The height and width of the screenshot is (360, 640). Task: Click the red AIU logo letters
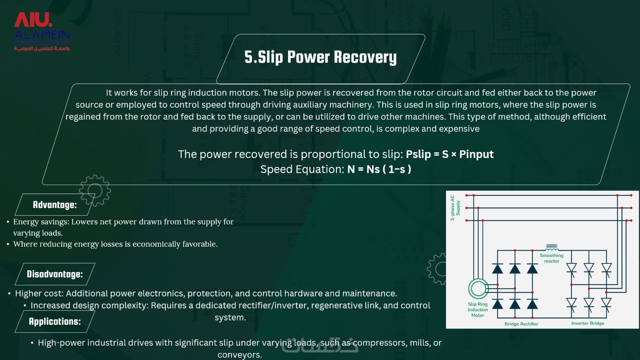click(33, 20)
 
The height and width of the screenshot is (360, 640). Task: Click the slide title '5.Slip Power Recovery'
click(320, 57)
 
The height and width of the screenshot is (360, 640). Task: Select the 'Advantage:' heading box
click(55, 204)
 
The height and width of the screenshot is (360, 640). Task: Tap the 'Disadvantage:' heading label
click(55, 274)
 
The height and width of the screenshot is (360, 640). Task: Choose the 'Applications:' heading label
click(55, 322)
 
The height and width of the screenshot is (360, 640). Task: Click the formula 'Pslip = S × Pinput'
click(450, 154)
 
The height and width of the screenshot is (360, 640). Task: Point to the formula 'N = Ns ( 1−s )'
click(379, 169)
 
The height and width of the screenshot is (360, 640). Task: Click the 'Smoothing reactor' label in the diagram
click(552, 258)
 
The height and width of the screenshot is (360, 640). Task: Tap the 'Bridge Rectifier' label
click(521, 324)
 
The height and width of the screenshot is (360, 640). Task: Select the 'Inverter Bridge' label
click(588, 323)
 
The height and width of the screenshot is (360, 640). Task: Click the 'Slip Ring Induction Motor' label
click(478, 310)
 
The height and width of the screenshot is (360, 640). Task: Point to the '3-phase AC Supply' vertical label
click(455, 208)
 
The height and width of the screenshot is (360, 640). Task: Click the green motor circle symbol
click(478, 288)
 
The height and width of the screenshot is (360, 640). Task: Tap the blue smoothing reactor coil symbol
click(552, 248)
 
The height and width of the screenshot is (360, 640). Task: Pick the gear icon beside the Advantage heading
click(95, 190)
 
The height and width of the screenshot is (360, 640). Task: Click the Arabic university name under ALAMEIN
click(42, 48)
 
